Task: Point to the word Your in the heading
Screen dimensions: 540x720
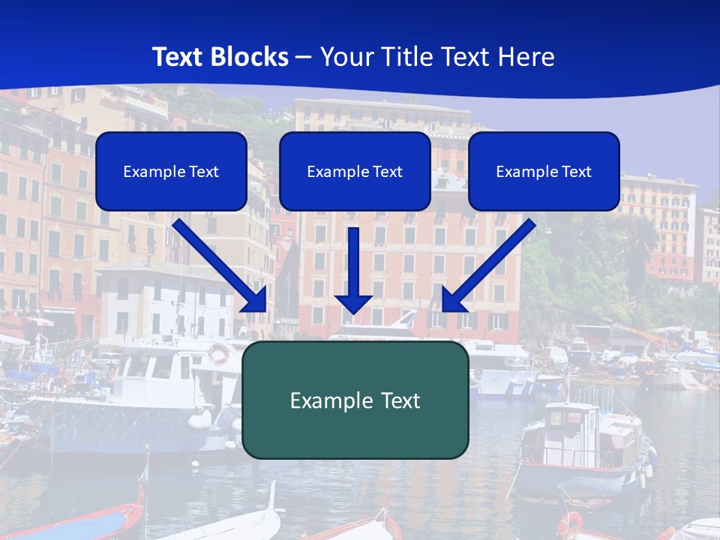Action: (x=346, y=57)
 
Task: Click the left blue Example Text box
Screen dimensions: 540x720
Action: (x=171, y=171)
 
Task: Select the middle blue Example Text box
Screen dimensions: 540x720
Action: (x=355, y=171)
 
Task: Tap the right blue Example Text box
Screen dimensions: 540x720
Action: (x=544, y=171)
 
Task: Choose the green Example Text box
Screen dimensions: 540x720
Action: (x=355, y=400)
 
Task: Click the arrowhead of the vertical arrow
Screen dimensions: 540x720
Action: (x=353, y=304)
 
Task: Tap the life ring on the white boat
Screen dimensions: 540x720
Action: (x=218, y=353)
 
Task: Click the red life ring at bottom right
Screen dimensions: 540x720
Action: (x=570, y=523)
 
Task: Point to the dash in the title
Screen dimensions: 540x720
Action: (x=304, y=57)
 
